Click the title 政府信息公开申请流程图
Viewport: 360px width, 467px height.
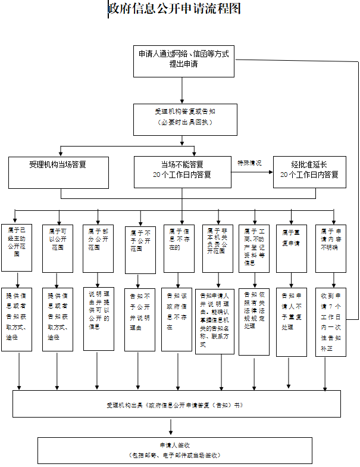pos(174,9)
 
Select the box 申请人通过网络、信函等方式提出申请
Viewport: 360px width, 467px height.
pos(183,59)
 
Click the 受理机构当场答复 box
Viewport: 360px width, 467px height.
pos(60,172)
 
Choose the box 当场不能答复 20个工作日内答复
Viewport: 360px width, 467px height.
pos(182,172)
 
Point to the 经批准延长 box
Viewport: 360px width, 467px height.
pos(309,172)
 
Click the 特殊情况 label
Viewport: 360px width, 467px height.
pos(249,163)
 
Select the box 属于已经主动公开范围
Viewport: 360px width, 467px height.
pos(17,247)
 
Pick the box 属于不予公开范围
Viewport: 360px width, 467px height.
pos(140,248)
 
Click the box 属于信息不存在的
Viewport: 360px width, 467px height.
pos(180,247)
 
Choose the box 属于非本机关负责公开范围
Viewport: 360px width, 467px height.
pos(217,247)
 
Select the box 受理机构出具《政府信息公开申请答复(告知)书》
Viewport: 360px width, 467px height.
pos(177,404)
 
